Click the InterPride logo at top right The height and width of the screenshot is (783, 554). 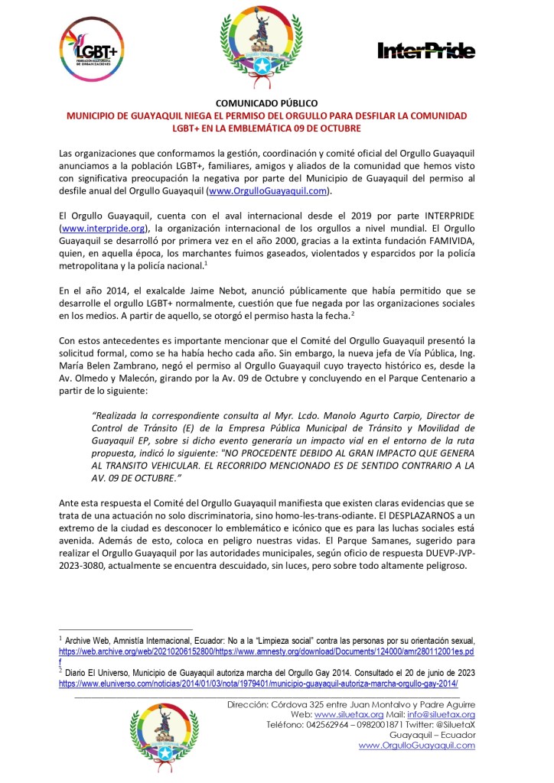point(426,50)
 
